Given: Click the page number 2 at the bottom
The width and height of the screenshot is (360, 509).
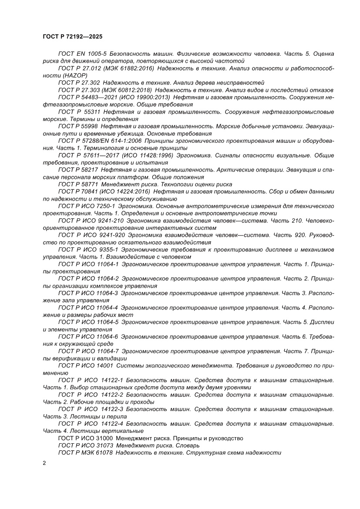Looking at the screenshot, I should (45, 463).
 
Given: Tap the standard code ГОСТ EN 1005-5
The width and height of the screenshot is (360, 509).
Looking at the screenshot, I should (82, 54).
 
